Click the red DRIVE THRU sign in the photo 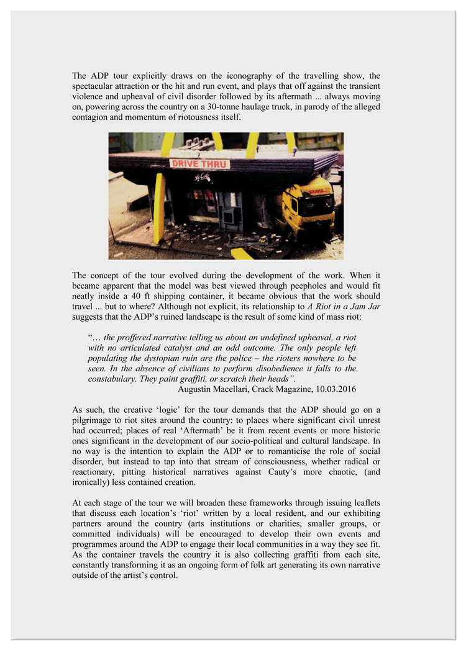(199, 165)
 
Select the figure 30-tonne (214, 107)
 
